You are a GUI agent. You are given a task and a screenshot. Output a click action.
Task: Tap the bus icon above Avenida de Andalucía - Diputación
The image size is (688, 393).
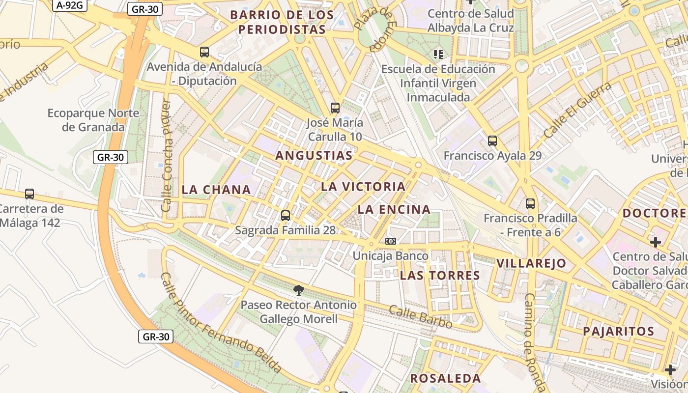204,52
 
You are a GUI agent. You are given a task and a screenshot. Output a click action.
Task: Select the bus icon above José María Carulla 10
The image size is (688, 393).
335,108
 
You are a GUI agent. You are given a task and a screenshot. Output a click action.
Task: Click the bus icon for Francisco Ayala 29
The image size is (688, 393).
492,141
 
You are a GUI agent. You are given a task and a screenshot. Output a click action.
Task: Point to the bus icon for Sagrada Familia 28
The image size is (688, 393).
286,215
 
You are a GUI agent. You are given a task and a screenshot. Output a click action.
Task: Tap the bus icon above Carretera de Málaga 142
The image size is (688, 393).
29,194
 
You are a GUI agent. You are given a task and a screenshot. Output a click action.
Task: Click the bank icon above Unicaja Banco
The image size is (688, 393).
391,241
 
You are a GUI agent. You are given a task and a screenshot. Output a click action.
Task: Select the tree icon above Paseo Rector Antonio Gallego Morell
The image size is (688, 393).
298,290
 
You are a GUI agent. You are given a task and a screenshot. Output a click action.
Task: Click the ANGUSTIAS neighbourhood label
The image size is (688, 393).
314,156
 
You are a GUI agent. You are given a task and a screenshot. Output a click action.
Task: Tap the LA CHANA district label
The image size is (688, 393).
216,190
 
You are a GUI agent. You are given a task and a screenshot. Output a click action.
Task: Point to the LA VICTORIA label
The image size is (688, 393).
363,187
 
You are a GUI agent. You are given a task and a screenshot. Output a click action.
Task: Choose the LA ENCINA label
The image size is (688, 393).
394,210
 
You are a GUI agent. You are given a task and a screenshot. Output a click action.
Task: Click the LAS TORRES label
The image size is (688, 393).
440,275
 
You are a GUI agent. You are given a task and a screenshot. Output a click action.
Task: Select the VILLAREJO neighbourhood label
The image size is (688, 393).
531,263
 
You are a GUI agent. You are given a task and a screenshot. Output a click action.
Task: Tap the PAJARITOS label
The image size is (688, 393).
619,331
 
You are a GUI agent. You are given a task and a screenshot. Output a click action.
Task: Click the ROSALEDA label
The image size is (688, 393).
446,378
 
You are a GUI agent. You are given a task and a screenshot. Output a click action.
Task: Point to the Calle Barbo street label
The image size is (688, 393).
421,317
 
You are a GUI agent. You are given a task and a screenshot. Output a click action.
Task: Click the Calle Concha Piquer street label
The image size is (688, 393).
167,156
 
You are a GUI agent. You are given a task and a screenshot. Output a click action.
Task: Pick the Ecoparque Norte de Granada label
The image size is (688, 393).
86,120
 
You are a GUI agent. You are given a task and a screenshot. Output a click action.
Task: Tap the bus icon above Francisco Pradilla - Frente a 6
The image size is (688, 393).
530,204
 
